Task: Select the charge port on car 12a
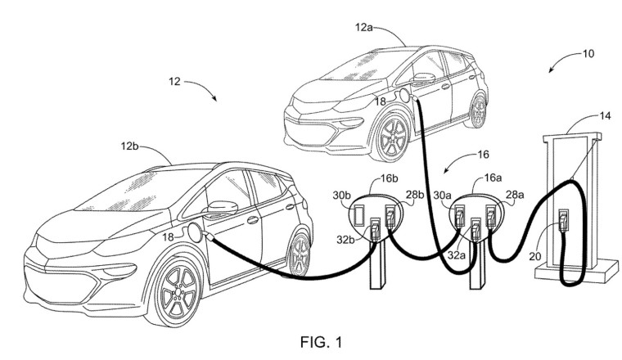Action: click(x=403, y=96)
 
